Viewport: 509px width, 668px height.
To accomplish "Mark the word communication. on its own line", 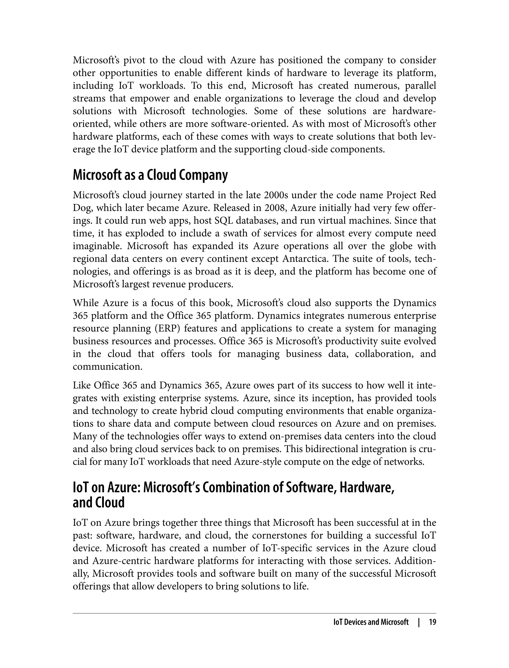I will (x=108, y=367).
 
